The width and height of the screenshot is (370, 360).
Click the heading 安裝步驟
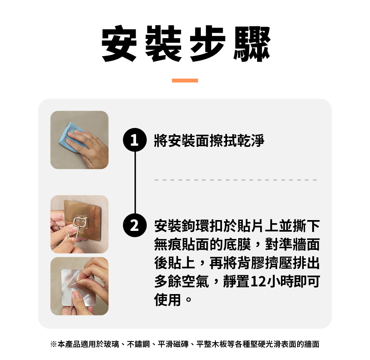tap(186, 44)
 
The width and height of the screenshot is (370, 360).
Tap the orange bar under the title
tap(185, 81)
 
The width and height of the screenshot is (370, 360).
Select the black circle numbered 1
tap(135, 140)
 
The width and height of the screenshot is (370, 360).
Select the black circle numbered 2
tap(135, 225)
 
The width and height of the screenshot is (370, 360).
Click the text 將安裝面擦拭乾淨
tap(209, 141)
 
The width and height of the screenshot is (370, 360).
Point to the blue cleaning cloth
tap(70, 137)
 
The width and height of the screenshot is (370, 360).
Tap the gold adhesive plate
tap(82, 219)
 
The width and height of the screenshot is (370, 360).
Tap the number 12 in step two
tap(259, 281)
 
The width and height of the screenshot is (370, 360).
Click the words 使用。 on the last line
tap(173, 300)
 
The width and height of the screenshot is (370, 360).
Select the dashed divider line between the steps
tap(235, 180)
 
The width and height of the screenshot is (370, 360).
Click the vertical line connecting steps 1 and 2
tap(135, 183)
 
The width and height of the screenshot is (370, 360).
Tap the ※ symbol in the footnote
tap(54, 344)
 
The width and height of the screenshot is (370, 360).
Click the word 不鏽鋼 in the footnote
tap(138, 344)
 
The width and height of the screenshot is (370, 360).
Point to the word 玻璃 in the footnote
tap(111, 344)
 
